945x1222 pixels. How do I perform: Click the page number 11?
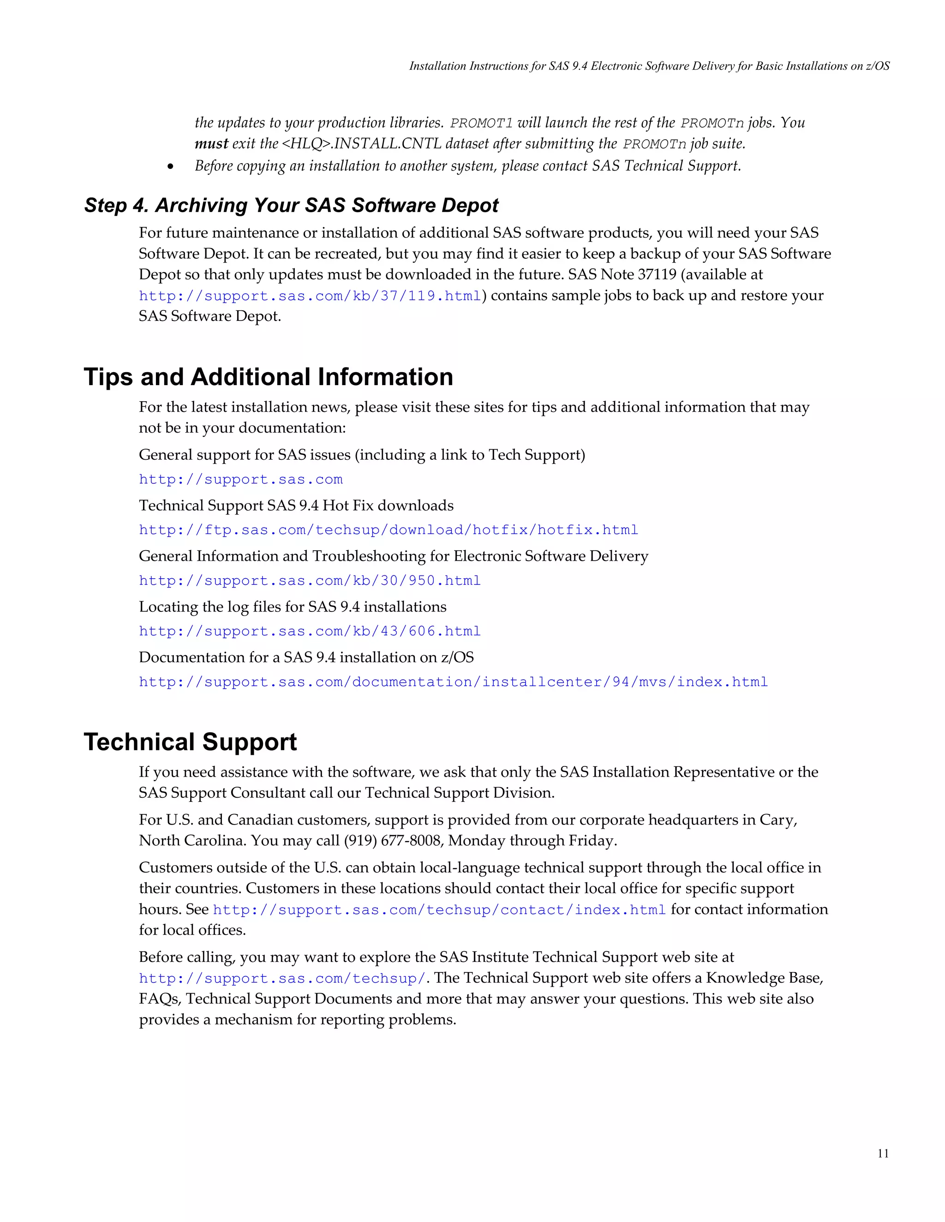[x=883, y=1153]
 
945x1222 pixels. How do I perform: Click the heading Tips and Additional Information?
[x=268, y=377]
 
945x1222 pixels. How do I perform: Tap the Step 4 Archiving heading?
[x=291, y=205]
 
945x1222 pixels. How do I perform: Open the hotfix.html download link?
[x=388, y=530]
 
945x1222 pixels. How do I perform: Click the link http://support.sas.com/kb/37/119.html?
[x=310, y=296]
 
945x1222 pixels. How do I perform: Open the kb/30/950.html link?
[x=310, y=581]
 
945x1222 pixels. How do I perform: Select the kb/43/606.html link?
[x=310, y=631]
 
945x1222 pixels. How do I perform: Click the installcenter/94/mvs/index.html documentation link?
[x=453, y=682]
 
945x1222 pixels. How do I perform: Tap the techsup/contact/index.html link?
[x=439, y=910]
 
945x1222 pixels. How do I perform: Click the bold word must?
[x=211, y=144]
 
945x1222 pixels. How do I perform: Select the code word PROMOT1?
[x=481, y=124]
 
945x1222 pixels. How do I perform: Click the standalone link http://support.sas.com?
[x=241, y=480]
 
